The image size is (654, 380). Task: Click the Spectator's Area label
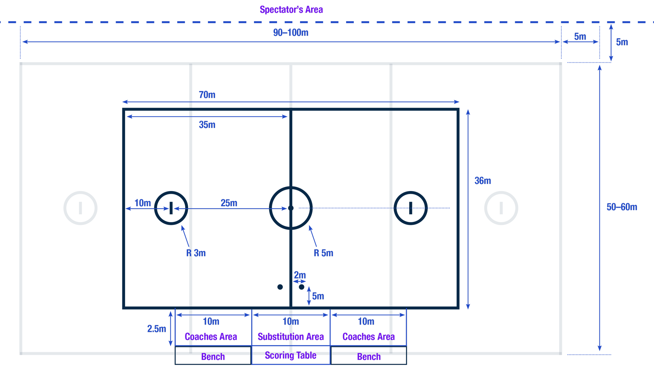(291, 10)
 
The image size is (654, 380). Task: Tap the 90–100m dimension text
(291, 33)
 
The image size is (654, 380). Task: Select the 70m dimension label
(207, 95)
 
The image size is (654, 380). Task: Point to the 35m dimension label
(207, 125)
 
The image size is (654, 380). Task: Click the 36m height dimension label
(483, 181)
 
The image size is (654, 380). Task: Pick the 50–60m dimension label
(622, 207)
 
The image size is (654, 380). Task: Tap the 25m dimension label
(229, 203)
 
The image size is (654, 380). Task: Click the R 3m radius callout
(196, 253)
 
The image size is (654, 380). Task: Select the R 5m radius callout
(324, 253)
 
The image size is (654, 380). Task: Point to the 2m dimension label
(300, 275)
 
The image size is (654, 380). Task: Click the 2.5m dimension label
(156, 329)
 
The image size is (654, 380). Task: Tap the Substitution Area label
(291, 337)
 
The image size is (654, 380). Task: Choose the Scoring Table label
(291, 355)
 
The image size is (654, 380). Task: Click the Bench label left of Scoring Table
(213, 357)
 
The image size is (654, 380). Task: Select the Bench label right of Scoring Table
(369, 357)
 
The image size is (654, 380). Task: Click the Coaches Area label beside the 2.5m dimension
(211, 337)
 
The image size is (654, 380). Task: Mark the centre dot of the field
(291, 208)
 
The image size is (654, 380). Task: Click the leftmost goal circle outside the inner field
(81, 208)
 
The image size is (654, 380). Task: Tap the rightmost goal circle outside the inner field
(501, 208)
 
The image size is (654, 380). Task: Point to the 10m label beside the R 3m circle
(143, 203)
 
